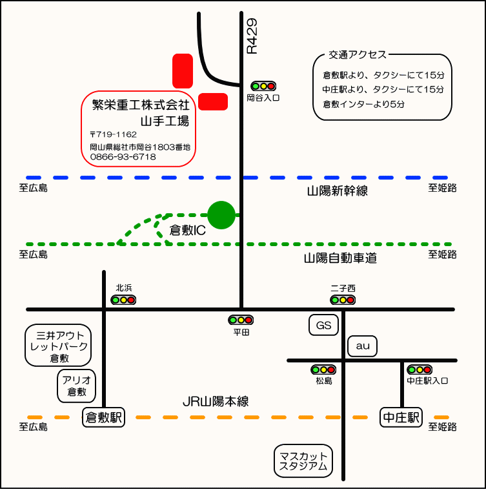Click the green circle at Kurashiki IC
(x=221, y=214)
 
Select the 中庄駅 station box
(x=400, y=417)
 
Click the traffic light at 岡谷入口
(x=263, y=86)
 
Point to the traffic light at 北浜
(x=123, y=300)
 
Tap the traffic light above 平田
(x=241, y=320)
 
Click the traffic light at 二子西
(x=343, y=300)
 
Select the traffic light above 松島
(x=323, y=370)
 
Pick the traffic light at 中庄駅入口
(x=420, y=370)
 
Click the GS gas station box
(x=323, y=326)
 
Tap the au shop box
(x=362, y=346)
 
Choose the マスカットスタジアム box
(x=303, y=461)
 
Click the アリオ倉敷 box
(x=77, y=386)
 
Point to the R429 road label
(x=252, y=36)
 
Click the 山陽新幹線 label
(x=337, y=191)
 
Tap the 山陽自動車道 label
(x=340, y=258)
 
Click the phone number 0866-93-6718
(x=123, y=157)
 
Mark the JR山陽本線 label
(x=216, y=402)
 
